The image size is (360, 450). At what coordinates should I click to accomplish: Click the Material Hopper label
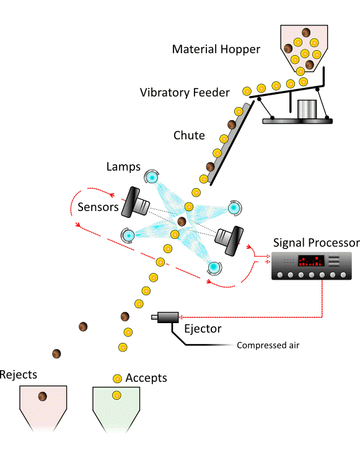click(x=217, y=50)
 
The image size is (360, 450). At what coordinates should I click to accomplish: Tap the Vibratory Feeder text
click(x=185, y=93)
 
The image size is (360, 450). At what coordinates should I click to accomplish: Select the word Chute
click(x=189, y=136)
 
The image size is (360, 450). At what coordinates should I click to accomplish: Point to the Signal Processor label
click(x=316, y=242)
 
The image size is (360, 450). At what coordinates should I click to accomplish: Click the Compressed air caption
click(x=268, y=345)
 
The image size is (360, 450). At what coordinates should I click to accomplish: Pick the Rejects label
click(x=19, y=374)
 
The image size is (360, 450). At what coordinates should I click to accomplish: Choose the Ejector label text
click(x=202, y=329)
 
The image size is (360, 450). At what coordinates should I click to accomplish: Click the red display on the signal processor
click(x=310, y=261)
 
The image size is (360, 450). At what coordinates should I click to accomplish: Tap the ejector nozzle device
click(x=165, y=318)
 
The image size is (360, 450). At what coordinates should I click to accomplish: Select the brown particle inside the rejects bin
click(x=43, y=396)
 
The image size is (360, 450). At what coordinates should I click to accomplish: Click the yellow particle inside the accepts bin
click(x=116, y=395)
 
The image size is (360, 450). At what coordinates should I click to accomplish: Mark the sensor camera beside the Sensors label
click(x=135, y=202)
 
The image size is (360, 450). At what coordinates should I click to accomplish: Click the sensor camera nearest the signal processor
click(x=228, y=239)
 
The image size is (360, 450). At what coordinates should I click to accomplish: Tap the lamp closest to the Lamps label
click(x=151, y=178)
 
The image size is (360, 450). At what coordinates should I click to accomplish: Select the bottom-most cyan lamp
click(x=214, y=267)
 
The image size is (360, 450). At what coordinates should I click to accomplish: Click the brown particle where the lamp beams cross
click(x=182, y=221)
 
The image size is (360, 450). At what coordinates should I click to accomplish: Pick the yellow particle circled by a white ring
click(x=160, y=262)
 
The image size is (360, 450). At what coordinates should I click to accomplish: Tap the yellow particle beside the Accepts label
click(x=117, y=378)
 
